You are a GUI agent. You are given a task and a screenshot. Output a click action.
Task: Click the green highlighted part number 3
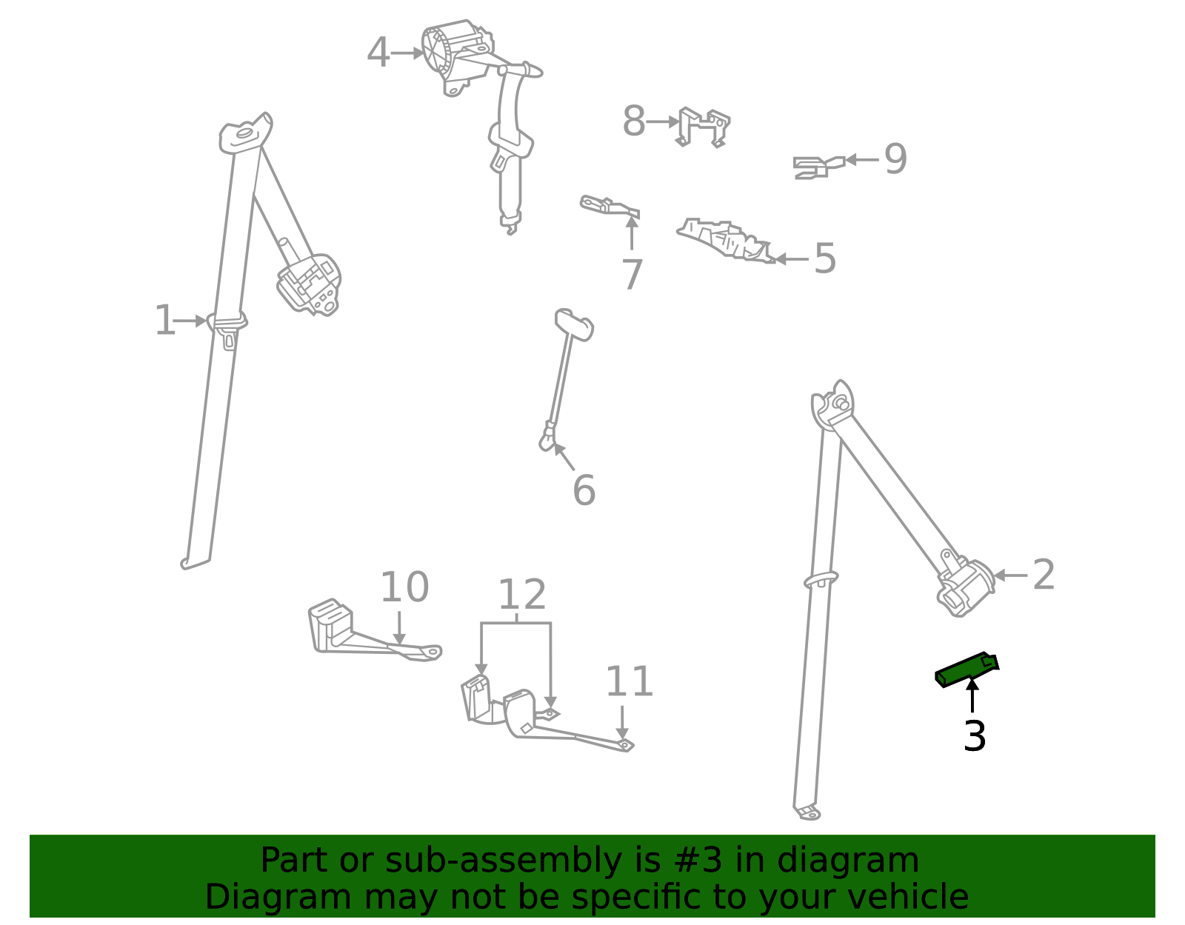point(966,669)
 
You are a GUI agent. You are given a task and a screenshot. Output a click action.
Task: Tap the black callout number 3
point(975,736)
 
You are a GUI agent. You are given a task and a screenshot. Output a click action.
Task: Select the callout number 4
point(378,53)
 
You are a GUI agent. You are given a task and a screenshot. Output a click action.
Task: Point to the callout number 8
point(633,121)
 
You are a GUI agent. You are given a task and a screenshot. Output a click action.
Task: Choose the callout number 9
point(895,159)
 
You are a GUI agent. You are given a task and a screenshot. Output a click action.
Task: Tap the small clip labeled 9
point(817,167)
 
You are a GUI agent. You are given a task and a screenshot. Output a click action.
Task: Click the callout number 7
point(632,275)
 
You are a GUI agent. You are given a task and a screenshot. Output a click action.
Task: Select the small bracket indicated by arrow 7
point(610,206)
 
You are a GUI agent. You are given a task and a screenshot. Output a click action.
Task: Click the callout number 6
point(584,490)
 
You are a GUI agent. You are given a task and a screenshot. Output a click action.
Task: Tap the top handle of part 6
point(575,324)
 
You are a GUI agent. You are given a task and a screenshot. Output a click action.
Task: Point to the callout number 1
point(164,321)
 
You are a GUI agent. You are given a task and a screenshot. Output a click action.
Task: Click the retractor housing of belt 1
point(310,284)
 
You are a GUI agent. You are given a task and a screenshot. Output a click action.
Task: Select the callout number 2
point(1043,575)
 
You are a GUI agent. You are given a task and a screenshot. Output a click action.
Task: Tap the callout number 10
point(404,588)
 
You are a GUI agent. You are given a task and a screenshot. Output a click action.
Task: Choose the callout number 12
point(521,595)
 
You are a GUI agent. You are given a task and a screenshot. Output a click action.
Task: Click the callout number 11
point(629,682)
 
